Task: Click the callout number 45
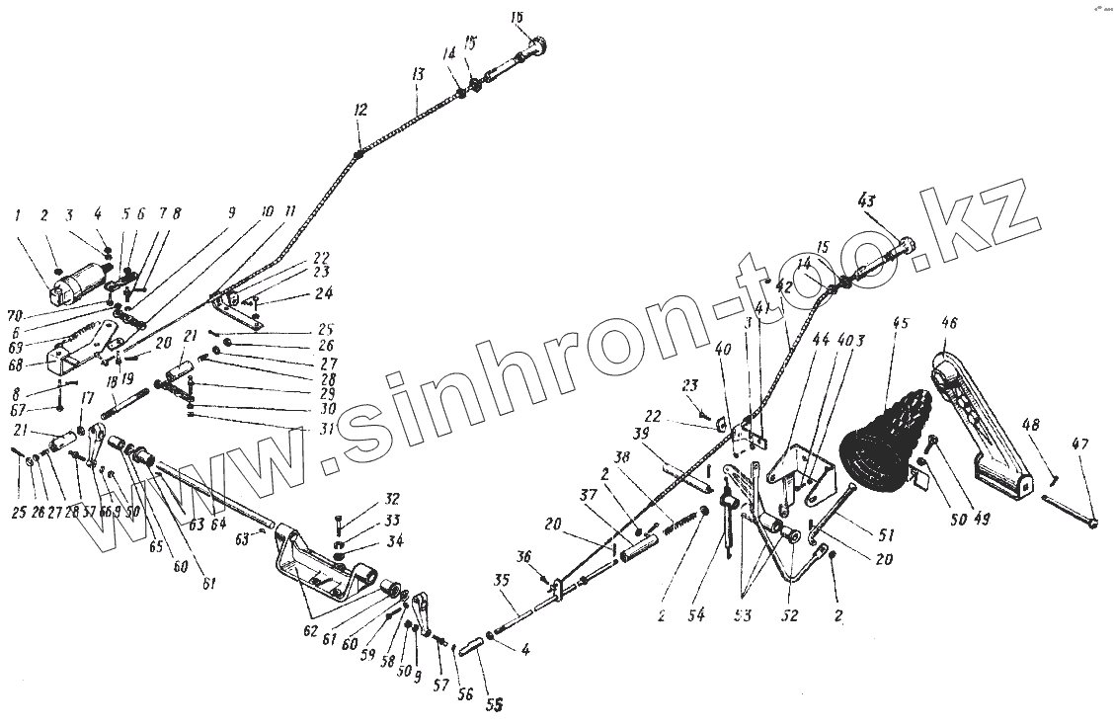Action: tap(900, 322)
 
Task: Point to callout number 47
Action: tap(1081, 445)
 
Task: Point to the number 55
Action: tap(495, 705)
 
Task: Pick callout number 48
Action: tap(1031, 426)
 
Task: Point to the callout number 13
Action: tap(418, 75)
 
